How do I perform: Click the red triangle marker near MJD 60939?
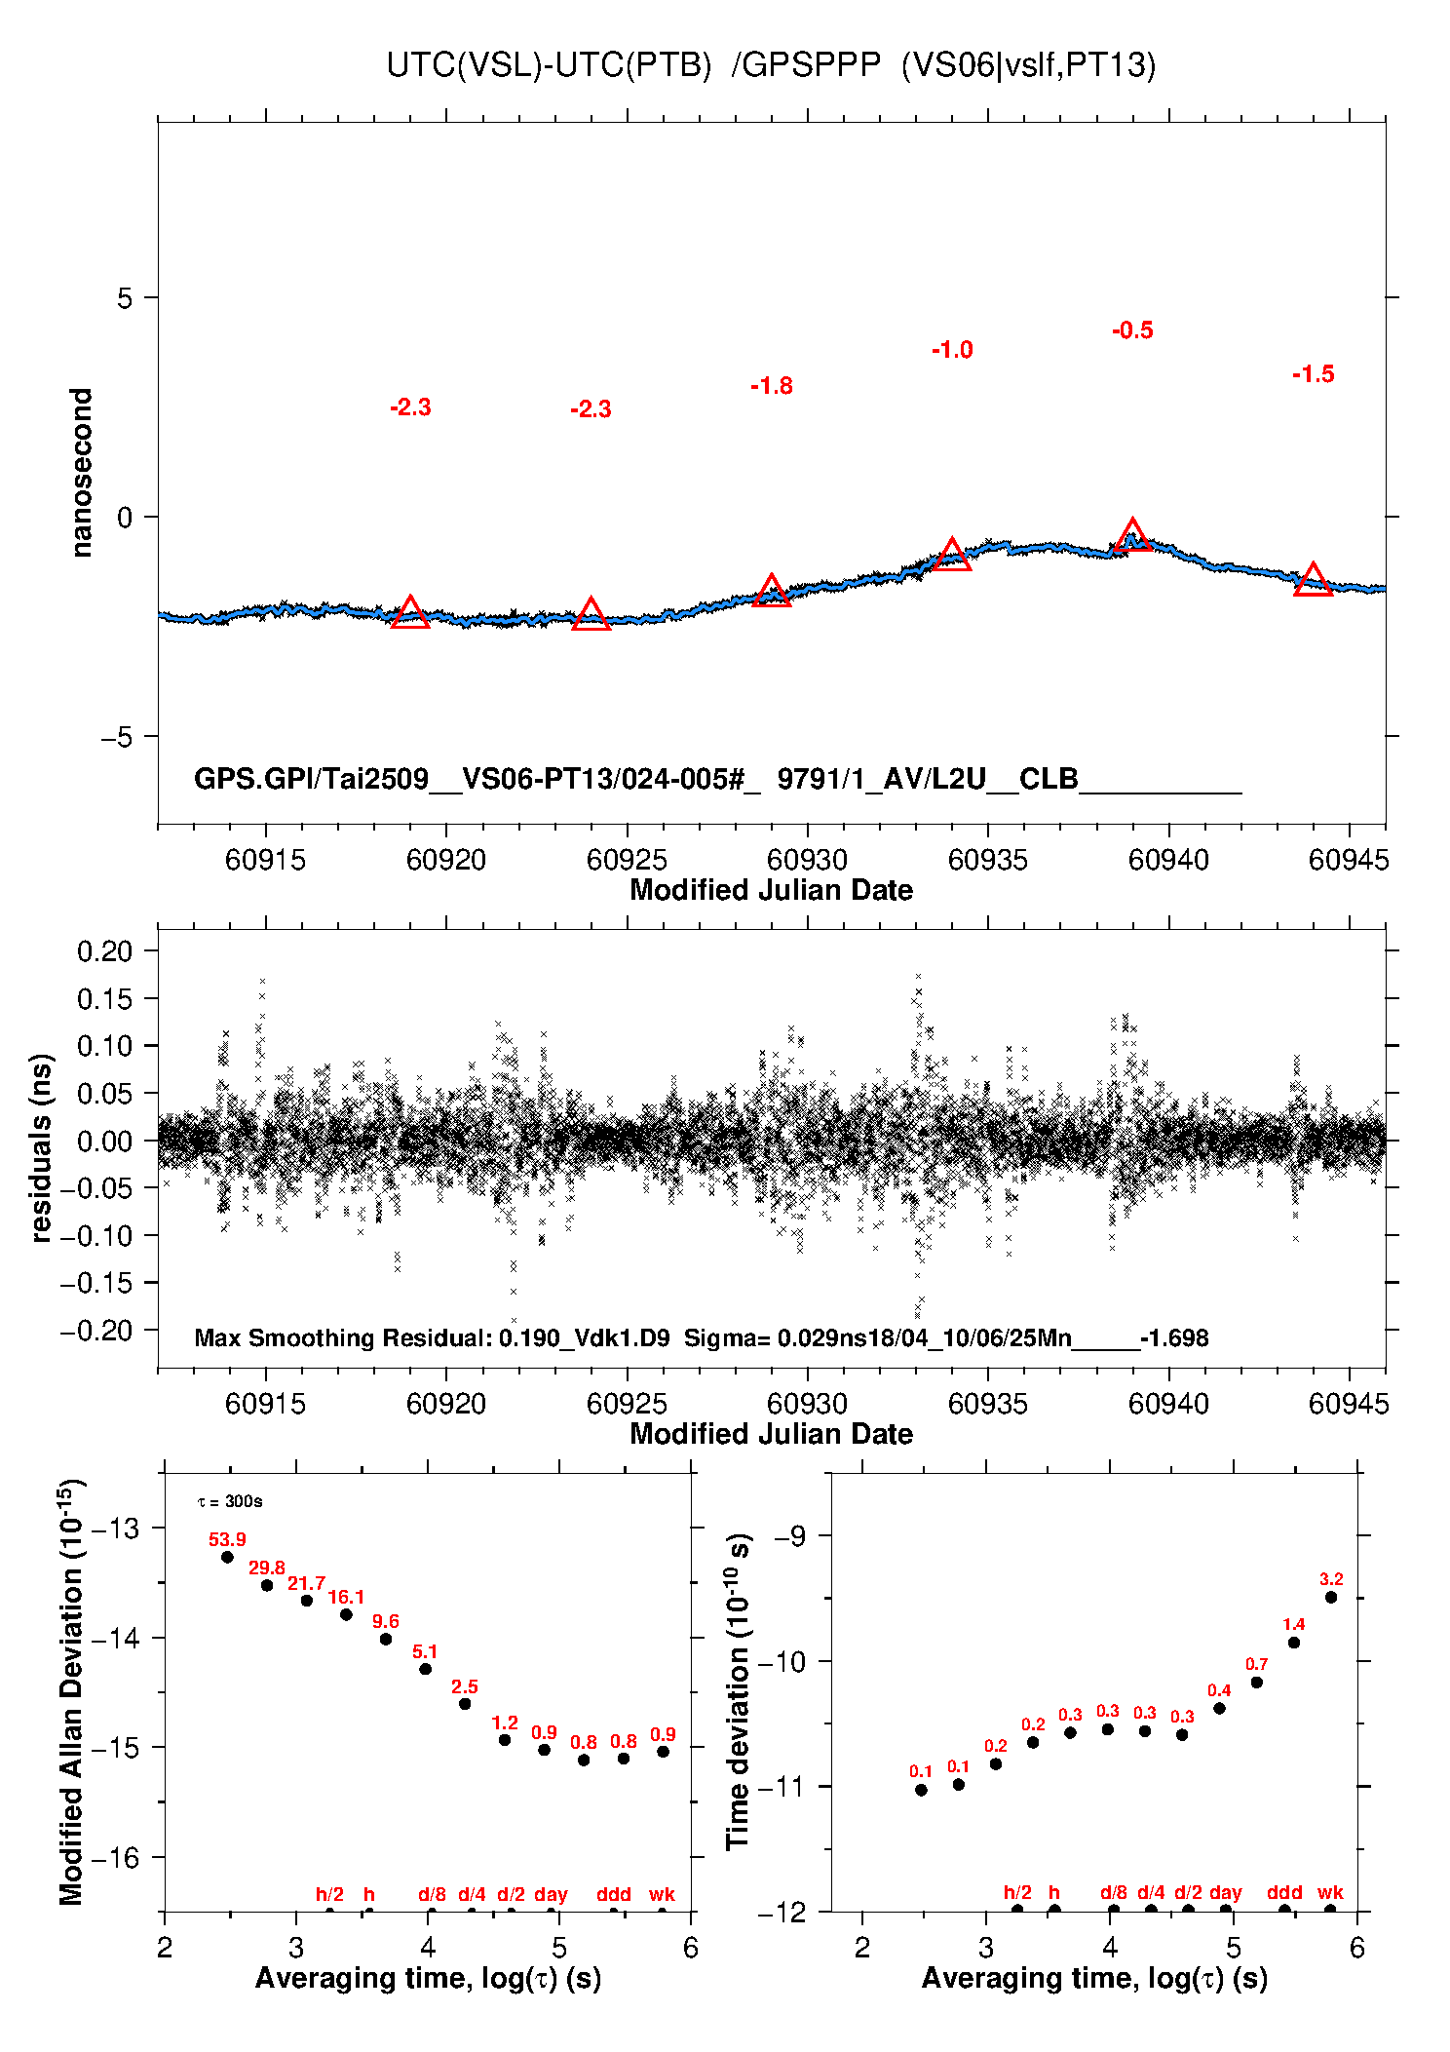1132,535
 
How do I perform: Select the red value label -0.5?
1132,330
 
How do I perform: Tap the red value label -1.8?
772,386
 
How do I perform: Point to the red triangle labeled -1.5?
1313,579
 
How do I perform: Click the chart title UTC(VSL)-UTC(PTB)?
550,65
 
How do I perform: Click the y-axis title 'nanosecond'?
82,473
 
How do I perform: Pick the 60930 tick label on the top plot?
807,860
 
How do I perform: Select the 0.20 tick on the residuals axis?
104,951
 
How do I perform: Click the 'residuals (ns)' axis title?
41,1147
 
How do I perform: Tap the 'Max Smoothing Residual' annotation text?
344,1337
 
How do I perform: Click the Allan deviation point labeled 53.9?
227,1557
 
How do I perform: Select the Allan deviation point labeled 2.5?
465,1704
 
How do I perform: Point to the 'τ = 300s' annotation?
230,1501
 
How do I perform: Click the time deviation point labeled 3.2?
1331,1598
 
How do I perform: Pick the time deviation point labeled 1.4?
1294,1643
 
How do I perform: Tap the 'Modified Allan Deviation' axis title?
72,1691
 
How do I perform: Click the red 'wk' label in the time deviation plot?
1330,1892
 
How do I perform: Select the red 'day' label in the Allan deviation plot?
551,1894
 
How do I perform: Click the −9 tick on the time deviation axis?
790,1537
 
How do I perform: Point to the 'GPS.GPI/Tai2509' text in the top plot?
312,779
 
